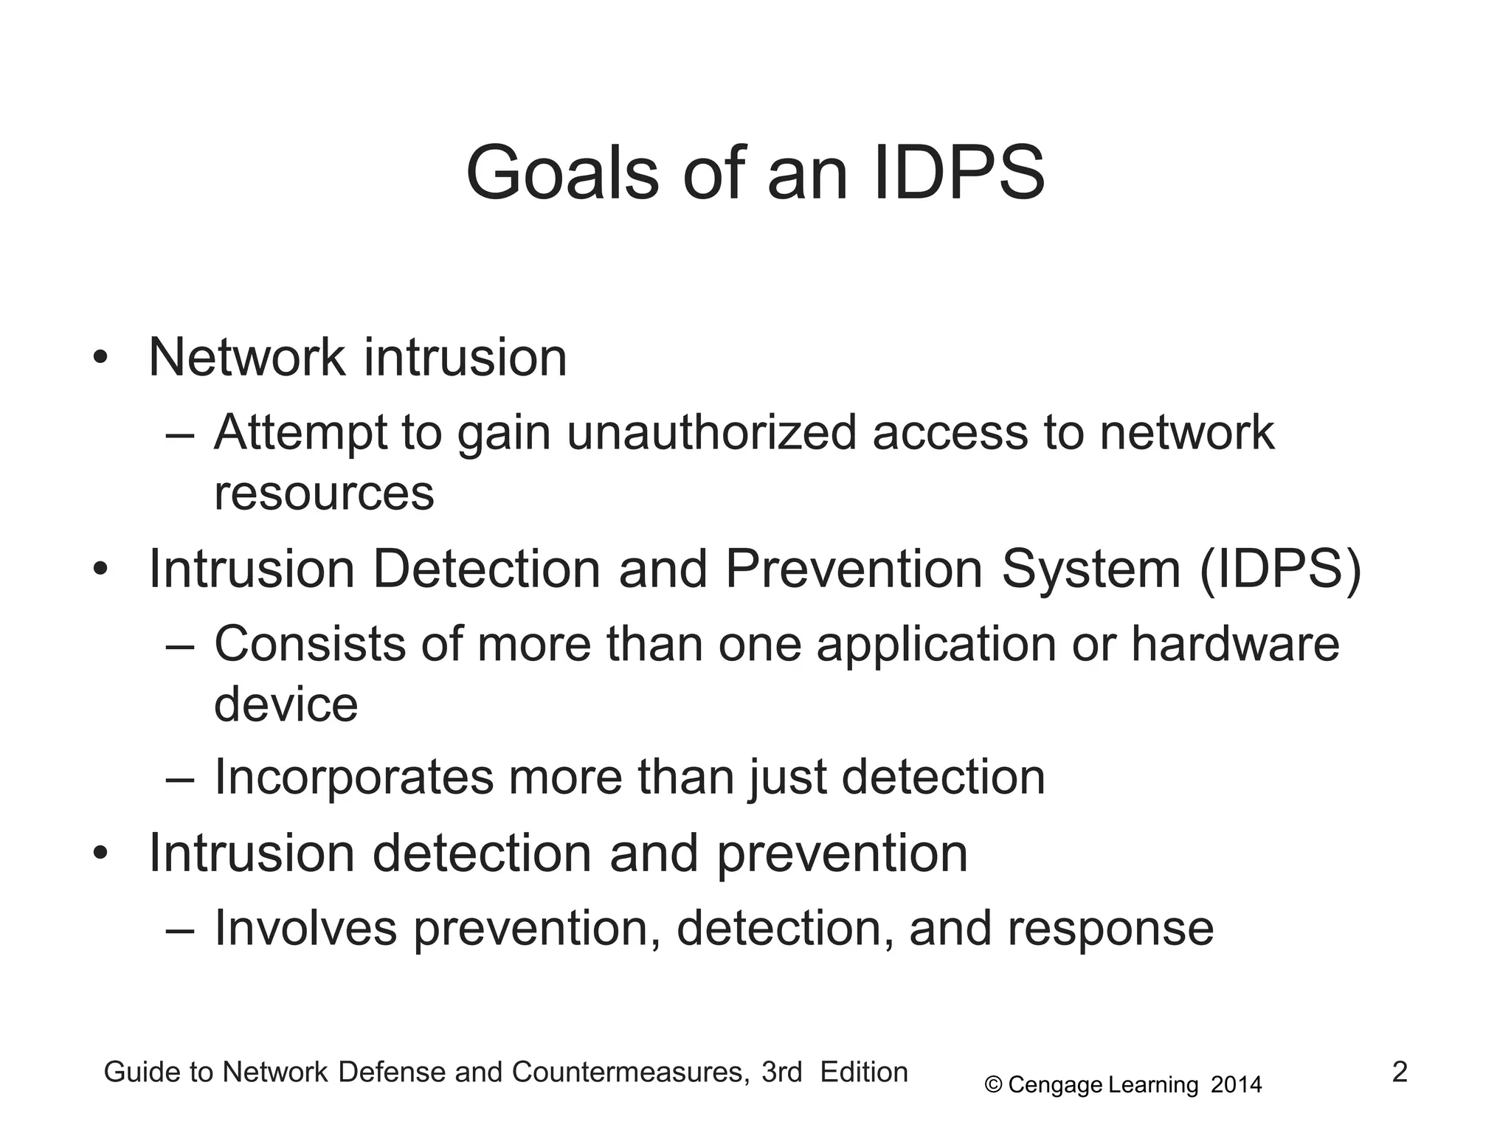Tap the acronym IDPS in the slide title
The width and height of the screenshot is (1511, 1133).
(958, 174)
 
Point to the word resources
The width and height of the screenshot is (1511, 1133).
(324, 493)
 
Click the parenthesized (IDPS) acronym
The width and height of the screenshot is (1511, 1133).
(1280, 569)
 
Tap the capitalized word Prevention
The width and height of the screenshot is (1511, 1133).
(854, 569)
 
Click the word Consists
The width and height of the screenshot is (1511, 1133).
(310, 644)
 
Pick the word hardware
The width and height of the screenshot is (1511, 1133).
(1235, 644)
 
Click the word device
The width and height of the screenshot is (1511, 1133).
(286, 704)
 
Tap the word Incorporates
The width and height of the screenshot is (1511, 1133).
(353, 777)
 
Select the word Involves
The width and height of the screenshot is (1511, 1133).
(305, 928)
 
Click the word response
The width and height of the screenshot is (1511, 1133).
(1110, 928)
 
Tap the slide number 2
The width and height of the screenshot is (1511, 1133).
(1400, 1072)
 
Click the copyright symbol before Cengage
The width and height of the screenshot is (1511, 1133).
(993, 1085)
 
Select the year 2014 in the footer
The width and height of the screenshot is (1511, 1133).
(1237, 1085)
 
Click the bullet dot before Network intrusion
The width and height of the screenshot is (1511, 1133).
(100, 359)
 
